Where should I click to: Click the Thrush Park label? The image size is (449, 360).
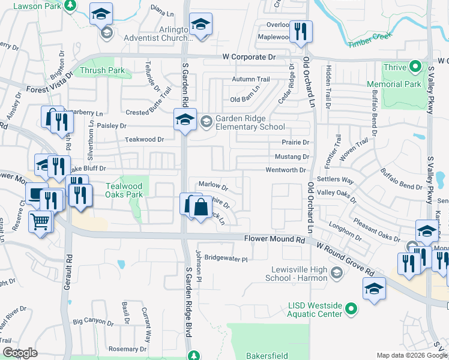pos(104,71)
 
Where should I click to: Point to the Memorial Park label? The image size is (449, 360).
pos(394,85)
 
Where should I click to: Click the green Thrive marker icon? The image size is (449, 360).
pos(414,67)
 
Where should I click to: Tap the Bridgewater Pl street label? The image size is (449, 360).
pos(226,259)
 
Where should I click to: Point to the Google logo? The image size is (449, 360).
pos(20,353)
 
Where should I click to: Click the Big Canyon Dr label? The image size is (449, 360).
pos(92,322)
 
